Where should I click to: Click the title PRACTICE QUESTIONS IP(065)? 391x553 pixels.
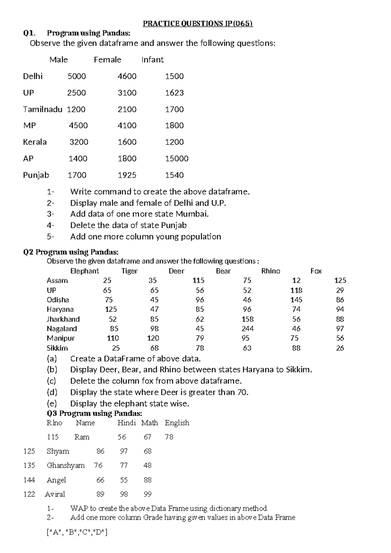tap(198, 23)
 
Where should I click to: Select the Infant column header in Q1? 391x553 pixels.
tap(152, 60)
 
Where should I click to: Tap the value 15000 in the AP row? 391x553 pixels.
tap(177, 159)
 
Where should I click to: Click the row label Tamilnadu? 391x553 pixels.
tap(42, 110)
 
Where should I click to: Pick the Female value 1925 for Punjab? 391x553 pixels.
tap(127, 175)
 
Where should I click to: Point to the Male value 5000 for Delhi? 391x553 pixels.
tap(77, 76)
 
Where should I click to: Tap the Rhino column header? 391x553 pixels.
tap(271, 271)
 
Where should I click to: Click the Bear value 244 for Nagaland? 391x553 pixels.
tap(248, 329)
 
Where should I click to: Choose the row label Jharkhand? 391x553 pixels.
tap(63, 319)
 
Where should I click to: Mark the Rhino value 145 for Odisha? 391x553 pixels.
tap(296, 300)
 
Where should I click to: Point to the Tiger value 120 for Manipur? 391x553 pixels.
tap(153, 338)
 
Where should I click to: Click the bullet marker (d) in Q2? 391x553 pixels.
tap(52, 392)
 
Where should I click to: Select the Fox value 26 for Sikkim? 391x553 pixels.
tap(340, 348)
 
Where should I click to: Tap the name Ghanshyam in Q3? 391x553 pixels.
tap(66, 466)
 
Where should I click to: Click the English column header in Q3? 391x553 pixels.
tap(177, 423)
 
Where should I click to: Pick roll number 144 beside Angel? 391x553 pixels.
tap(29, 480)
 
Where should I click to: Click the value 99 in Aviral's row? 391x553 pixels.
tap(148, 494)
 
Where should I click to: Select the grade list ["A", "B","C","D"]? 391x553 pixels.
tap(77, 532)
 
